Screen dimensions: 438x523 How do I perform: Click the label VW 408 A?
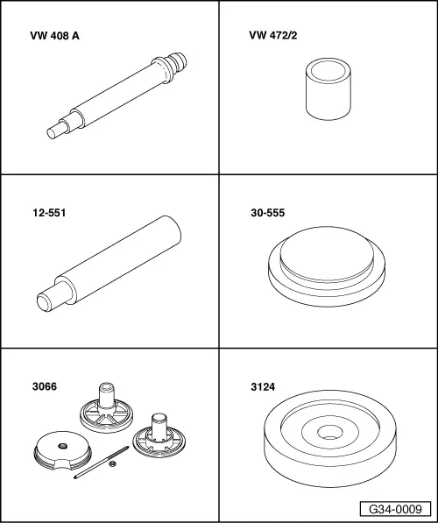[54, 36]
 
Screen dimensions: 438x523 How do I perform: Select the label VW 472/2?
[273, 35]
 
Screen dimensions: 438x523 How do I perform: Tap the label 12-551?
[49, 213]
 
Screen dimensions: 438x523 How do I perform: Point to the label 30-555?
[268, 213]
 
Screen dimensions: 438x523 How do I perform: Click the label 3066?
[45, 386]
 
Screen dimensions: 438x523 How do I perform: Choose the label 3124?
[263, 387]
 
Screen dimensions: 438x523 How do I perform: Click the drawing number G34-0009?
[395, 509]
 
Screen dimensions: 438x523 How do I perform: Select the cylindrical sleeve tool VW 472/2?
[328, 89]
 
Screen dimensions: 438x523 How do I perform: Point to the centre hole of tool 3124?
[330, 432]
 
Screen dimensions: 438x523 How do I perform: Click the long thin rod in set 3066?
[101, 463]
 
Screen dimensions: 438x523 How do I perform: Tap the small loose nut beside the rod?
[113, 463]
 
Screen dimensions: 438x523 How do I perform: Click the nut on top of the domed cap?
[61, 446]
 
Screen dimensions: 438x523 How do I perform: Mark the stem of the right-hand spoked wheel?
[159, 427]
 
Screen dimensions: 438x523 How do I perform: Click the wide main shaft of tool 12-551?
[118, 259]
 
